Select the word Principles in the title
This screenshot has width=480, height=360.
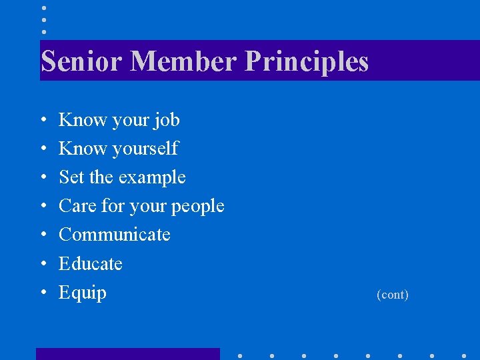tap(307, 61)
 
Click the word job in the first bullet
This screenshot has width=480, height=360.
tap(167, 121)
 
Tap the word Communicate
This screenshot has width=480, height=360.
tap(115, 235)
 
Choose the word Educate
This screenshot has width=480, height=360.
tap(91, 264)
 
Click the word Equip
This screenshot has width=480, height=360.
tap(83, 293)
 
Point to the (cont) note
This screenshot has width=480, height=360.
tap(393, 294)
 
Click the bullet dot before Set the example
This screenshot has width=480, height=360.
tap(43, 178)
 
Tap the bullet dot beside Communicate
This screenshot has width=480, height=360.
tap(43, 235)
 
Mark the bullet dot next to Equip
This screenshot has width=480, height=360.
tap(43, 293)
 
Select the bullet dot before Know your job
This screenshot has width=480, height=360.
tap(43, 121)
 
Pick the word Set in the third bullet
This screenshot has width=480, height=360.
tap(71, 177)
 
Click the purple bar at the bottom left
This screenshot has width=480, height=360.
tap(127, 354)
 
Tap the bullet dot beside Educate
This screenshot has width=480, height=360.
tap(43, 265)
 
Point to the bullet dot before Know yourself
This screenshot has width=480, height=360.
tap(43, 149)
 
